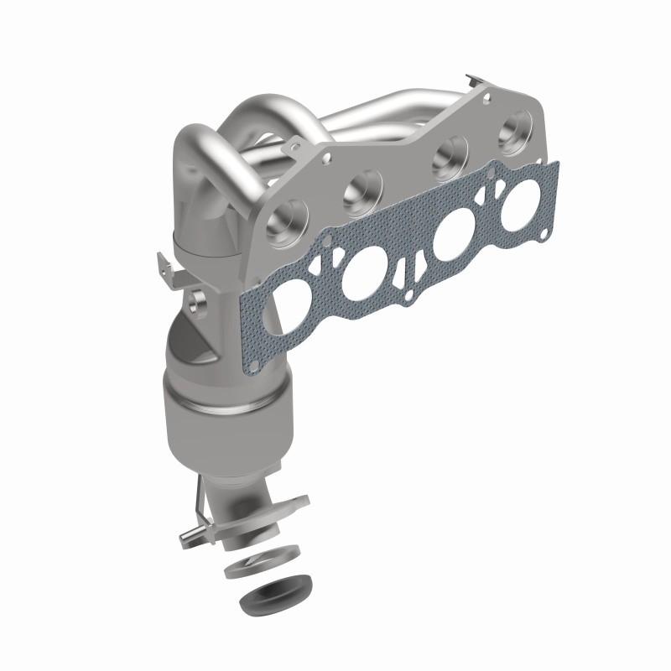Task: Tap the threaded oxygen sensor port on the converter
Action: point(199,298)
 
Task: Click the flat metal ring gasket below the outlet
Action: point(262,561)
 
